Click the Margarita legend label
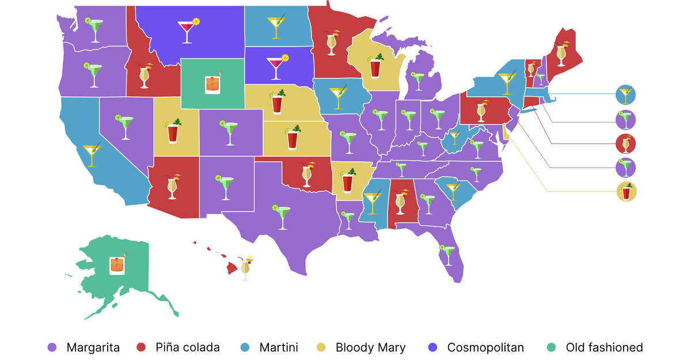coord(93,347)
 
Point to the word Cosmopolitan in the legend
coord(485,347)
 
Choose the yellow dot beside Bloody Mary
coord(323,347)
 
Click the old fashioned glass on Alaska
coord(117,264)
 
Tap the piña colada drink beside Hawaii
coord(246,268)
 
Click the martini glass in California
coord(92,154)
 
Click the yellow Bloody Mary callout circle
coord(626,191)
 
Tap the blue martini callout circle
coord(626,94)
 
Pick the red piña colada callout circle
coord(626,143)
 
